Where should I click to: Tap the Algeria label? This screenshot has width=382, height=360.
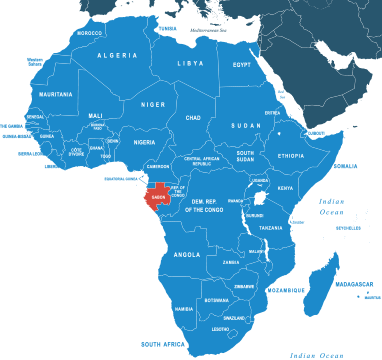point(117,56)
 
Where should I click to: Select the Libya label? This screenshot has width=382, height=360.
point(190,63)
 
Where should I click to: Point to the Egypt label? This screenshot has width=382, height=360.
point(242,65)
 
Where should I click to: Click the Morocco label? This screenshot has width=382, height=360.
point(89,33)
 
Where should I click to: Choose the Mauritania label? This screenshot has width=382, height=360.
point(55,94)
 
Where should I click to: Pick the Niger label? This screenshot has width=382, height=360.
point(153,104)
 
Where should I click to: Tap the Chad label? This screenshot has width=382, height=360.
point(193,118)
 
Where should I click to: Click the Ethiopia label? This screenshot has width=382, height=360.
point(291,156)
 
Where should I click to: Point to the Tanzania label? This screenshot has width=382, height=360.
point(271,228)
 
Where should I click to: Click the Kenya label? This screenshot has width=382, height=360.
point(285,188)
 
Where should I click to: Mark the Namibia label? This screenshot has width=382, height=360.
point(184,309)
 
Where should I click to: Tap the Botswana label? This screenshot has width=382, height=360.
point(216,300)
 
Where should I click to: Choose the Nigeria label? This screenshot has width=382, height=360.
point(145,142)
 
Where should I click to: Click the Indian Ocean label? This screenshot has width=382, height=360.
point(333,206)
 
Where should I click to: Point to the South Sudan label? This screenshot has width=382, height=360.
point(245,156)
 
